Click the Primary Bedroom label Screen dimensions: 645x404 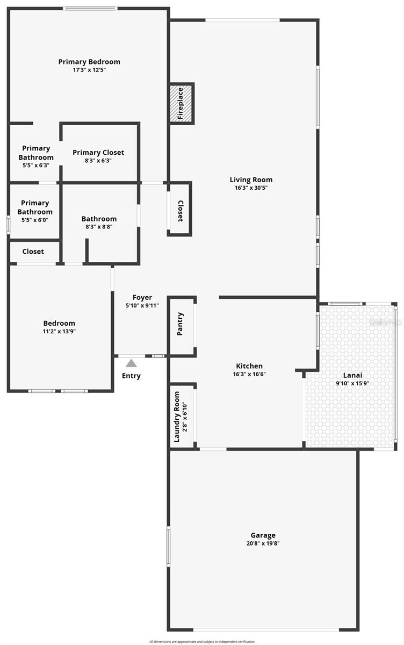[x=89, y=62]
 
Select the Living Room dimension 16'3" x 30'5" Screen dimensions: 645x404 [x=251, y=188]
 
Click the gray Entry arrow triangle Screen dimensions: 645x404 [x=131, y=363]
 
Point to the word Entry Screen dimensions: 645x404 [x=131, y=376]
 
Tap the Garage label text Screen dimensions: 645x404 [x=263, y=535]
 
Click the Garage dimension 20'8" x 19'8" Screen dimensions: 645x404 [x=263, y=543]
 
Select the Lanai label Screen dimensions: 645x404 [x=352, y=375]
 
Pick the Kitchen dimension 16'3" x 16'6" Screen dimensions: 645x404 [x=249, y=374]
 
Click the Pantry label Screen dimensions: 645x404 [x=181, y=324]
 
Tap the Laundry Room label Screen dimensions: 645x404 [x=177, y=417]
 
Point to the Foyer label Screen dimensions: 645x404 [x=142, y=297]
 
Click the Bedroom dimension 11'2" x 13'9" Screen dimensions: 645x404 [x=59, y=332]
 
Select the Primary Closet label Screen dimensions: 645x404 [x=98, y=153]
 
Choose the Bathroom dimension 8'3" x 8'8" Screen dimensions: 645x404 [x=99, y=227]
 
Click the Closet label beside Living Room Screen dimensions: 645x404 [x=181, y=211]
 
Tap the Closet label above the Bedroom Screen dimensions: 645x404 [x=33, y=251]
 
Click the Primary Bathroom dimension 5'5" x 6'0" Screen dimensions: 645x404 [x=35, y=220]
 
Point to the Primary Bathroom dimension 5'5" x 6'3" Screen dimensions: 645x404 [x=36, y=166]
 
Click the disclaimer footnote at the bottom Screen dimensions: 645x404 [x=202, y=641]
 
